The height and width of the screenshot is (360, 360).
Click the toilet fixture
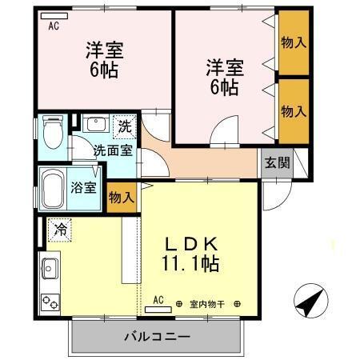pyautogui.click(x=53, y=133)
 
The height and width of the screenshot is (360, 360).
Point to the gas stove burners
pyautogui.click(x=50, y=302)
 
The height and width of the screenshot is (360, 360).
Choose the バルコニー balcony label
pyautogui.click(x=156, y=335)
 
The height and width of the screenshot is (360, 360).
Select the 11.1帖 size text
pyautogui.click(x=192, y=262)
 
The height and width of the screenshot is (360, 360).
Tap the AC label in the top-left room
pyautogui.click(x=54, y=26)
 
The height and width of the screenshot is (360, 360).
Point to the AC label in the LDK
pyautogui.click(x=158, y=300)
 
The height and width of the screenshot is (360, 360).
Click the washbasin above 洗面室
pyautogui.click(x=94, y=126)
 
